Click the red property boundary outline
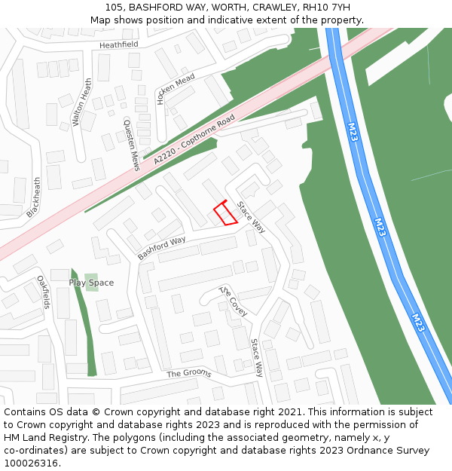pyautogui.click(x=225, y=213)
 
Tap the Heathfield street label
pyautogui.click(x=119, y=44)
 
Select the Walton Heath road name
pyautogui.click(x=81, y=102)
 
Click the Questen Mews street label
pyautogui.click(x=132, y=145)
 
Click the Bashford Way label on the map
pyautogui.click(x=161, y=249)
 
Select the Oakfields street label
pyautogui.click(x=44, y=292)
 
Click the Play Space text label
pyautogui.click(x=91, y=283)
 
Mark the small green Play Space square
pyautogui.click(x=91, y=283)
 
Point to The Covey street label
pyautogui.click(x=233, y=301)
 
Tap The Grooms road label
pyautogui.click(x=188, y=373)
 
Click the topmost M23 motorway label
pyautogui.click(x=352, y=133)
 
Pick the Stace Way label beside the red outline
pyautogui.click(x=251, y=217)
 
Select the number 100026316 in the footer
pyautogui.click(x=31, y=463)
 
